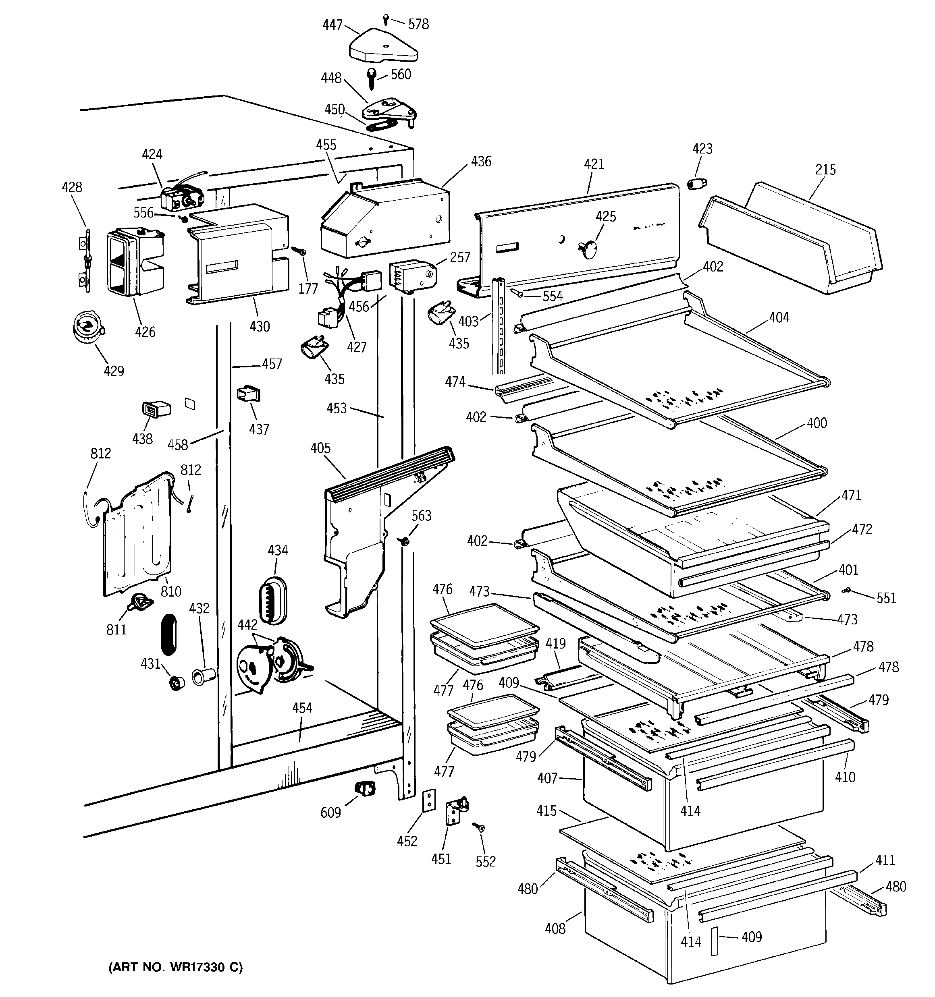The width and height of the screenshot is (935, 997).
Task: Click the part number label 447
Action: click(332, 25)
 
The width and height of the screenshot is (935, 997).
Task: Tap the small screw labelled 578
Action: click(385, 19)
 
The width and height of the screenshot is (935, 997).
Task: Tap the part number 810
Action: click(170, 591)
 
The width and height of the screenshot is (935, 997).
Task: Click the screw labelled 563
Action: click(403, 541)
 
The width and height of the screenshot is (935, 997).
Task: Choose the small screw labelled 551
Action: click(846, 591)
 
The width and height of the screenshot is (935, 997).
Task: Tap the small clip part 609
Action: click(365, 789)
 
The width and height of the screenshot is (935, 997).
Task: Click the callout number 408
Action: click(555, 929)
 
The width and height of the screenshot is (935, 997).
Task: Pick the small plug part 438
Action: click(156, 409)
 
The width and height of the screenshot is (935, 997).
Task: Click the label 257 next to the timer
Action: click(460, 257)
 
